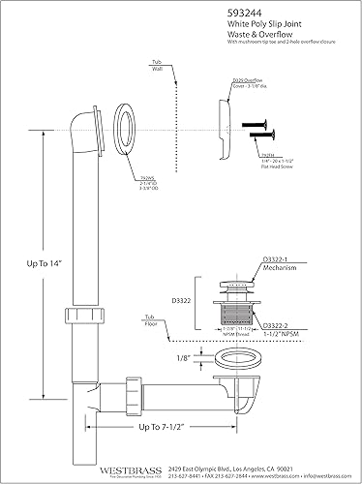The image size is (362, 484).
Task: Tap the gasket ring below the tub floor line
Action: pyautogui.click(x=231, y=368)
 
